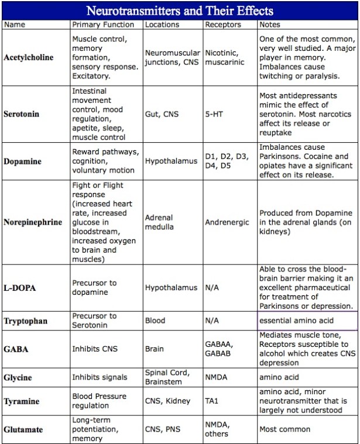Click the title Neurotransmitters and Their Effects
pos(180,11)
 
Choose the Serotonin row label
pos(23,114)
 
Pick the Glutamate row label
pos(23,429)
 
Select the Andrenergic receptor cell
pos(227,222)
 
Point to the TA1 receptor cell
pos(213,402)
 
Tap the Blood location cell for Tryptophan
pos(155,321)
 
